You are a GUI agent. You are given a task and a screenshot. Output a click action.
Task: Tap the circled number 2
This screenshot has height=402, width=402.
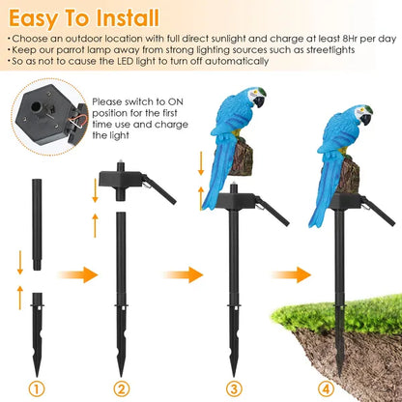point(122,389)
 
